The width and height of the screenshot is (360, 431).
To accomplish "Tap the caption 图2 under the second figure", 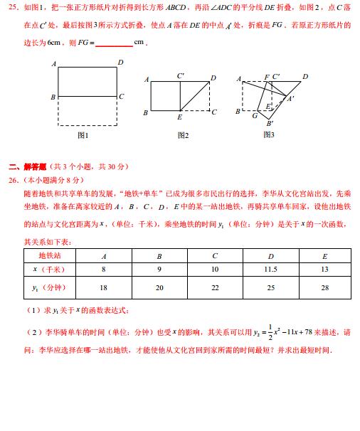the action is point(182,135).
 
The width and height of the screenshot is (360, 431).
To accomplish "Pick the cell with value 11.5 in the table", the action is point(270,269).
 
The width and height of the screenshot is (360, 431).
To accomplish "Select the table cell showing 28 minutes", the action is point(324,287).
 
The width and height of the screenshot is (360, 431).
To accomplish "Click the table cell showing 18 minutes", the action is point(104,287).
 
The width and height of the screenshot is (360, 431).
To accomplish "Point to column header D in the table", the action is point(270,255).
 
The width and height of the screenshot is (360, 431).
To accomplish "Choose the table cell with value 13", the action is point(324,269).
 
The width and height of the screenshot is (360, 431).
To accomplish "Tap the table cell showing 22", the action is point(215,287).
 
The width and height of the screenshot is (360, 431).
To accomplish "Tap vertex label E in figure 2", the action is point(179,116).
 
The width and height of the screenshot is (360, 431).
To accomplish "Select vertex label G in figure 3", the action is point(255,115).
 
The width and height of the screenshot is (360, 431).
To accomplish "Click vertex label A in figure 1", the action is point(53,63).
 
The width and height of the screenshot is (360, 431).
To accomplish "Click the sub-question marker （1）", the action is point(33,311).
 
